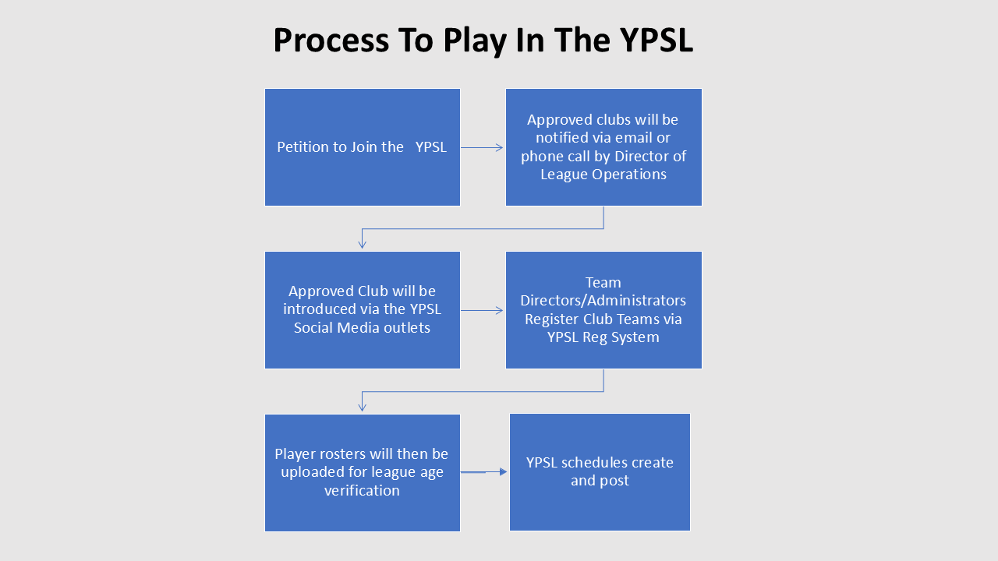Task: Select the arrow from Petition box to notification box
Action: tap(482, 146)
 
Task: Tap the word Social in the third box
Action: tap(316, 327)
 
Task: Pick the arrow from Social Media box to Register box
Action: tap(482, 310)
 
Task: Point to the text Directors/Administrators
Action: tap(603, 300)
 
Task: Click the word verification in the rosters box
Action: tap(362, 490)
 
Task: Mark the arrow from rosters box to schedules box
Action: tap(483, 471)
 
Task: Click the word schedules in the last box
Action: tap(600, 462)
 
